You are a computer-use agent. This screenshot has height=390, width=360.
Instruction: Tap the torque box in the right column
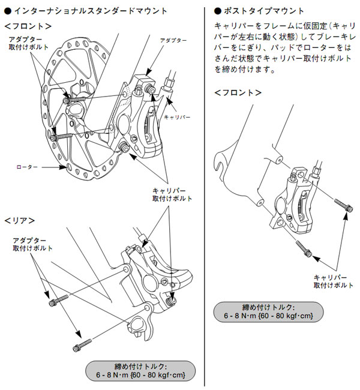point(269,310)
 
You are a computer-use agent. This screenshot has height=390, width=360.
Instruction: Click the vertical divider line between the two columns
point(205,198)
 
